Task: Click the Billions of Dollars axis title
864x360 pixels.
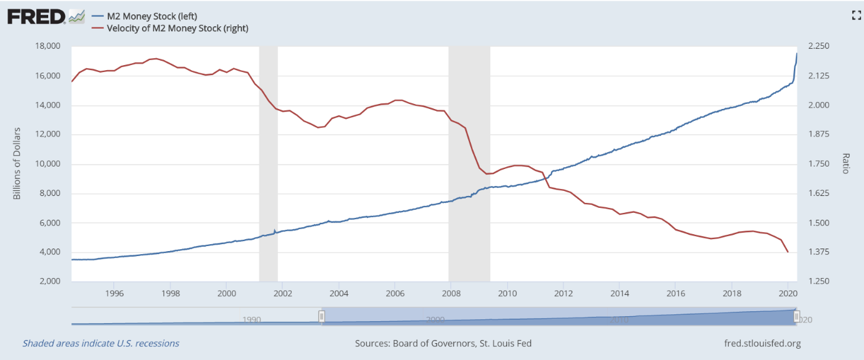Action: pos(17,163)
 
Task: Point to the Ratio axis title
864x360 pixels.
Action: pos(846,163)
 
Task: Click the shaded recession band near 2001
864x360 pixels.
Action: pos(268,163)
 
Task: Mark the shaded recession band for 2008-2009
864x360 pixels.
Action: pos(469,163)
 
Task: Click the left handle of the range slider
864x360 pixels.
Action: pos(322,317)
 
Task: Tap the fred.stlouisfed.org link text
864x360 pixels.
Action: pos(761,343)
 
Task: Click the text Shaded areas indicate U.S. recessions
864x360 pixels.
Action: pos(101,343)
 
